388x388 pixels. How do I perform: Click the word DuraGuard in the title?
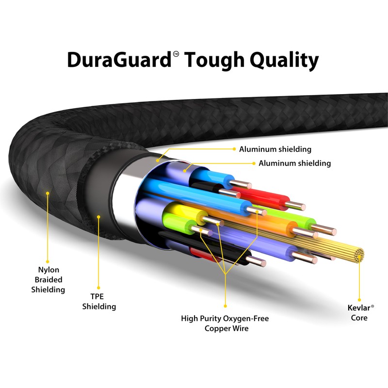[119, 60]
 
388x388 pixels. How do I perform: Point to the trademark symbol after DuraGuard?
[176, 54]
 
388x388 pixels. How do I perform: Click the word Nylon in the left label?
[48, 270]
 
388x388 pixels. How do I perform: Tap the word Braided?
[48, 280]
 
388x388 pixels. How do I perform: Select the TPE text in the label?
[97, 296]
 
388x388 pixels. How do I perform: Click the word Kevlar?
[359, 308]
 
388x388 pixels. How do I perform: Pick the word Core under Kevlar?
[359, 318]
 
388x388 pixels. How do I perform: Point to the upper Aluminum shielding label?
[275, 149]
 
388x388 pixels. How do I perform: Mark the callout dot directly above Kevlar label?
[359, 300]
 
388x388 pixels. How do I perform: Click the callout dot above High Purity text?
[225, 306]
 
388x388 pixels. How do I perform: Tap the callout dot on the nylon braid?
[48, 193]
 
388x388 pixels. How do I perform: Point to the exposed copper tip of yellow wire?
[213, 221]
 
